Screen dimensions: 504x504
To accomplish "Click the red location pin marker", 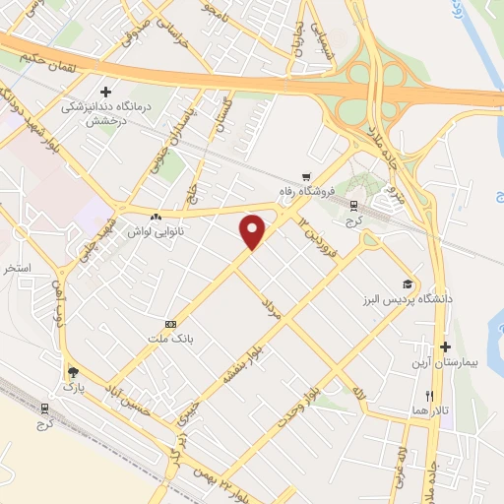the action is coord(253,229).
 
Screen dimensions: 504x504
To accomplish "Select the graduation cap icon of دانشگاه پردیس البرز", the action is coord(408,281).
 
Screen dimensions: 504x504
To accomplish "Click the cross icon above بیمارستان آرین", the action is coord(446,346).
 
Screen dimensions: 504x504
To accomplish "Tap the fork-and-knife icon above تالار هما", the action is coord(428,395).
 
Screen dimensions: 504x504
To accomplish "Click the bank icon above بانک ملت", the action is coord(172,324).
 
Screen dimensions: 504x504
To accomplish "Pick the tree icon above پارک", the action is coord(71,372).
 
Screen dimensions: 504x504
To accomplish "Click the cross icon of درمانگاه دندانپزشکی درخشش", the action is coord(119,91).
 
